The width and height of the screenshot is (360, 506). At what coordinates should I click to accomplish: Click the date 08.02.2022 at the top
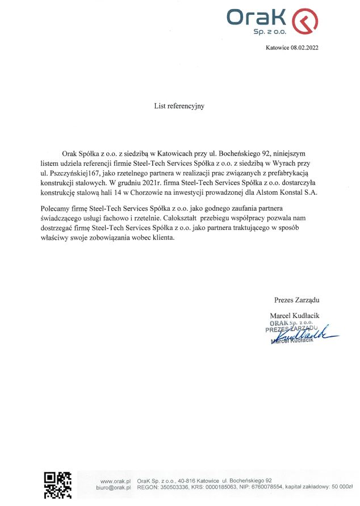[x=304, y=48]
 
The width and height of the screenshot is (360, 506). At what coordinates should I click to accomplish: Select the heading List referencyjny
[x=179, y=106]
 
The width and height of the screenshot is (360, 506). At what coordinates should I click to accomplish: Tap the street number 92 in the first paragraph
[x=265, y=153]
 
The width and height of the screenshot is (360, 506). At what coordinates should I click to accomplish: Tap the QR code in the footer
[x=57, y=486]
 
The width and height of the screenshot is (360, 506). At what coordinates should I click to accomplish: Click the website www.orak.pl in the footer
[x=115, y=480]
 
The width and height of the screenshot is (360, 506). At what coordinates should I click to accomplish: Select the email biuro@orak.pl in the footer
[x=114, y=488]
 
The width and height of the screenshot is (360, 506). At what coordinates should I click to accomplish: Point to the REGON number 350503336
[x=173, y=488]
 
